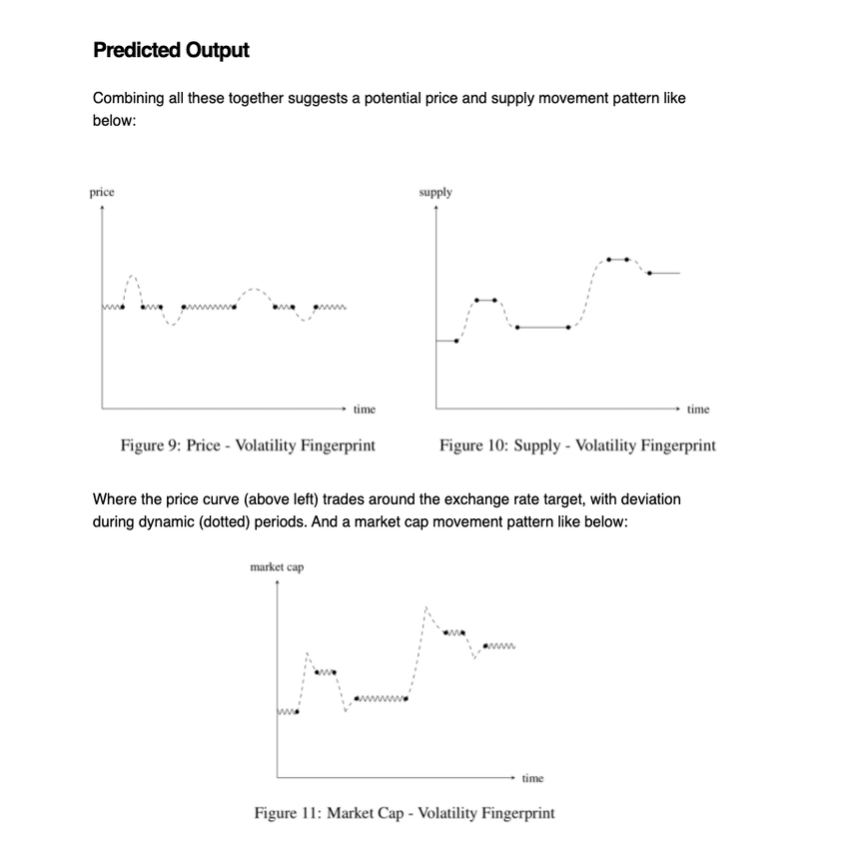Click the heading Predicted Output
pyautogui.click(x=170, y=50)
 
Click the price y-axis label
pyautogui.click(x=102, y=192)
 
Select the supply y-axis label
pyautogui.click(x=435, y=192)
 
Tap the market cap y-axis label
pyautogui.click(x=277, y=567)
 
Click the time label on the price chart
pyautogui.click(x=365, y=410)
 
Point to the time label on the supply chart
pyautogui.click(x=698, y=410)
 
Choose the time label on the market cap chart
pyautogui.click(x=532, y=778)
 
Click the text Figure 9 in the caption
pyautogui.click(x=148, y=445)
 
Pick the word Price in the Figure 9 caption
pyautogui.click(x=204, y=445)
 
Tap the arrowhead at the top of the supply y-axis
pyautogui.click(x=435, y=209)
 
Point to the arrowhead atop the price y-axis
pyautogui.click(x=102, y=209)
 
